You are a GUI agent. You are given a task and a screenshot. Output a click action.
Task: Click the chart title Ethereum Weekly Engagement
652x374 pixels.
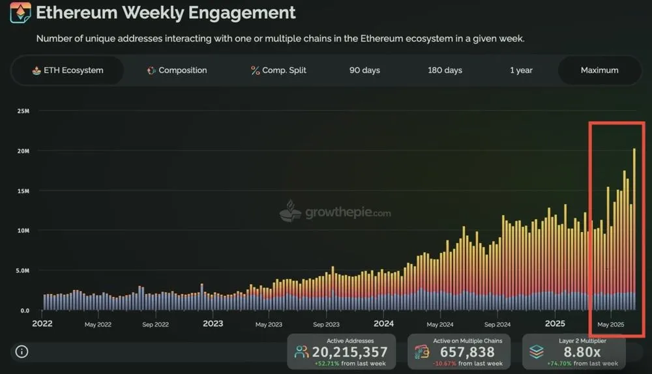tap(166, 12)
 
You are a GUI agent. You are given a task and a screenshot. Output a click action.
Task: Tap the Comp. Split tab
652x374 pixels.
tap(278, 70)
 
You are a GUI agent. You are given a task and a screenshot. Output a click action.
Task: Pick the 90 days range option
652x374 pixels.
tap(364, 70)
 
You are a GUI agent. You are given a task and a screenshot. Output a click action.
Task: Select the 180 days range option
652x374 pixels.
tap(445, 70)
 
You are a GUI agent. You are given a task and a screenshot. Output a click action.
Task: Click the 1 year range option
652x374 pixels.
tap(521, 70)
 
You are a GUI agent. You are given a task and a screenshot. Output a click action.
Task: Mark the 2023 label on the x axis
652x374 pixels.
tap(213, 324)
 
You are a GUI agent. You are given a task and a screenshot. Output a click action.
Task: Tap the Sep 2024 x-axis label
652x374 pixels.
tap(498, 324)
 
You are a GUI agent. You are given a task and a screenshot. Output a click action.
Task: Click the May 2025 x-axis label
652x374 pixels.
tap(611, 324)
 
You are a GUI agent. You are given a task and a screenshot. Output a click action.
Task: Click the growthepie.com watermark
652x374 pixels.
tap(335, 212)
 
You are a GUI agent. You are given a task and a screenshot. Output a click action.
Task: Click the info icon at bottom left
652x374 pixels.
tap(22, 352)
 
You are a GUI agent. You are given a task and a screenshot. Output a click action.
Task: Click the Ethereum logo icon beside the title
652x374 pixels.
tap(20, 12)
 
